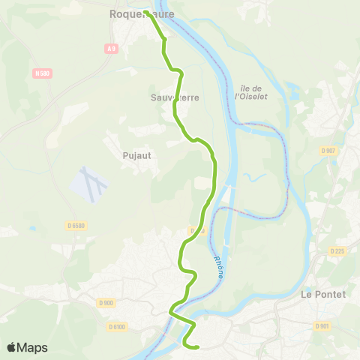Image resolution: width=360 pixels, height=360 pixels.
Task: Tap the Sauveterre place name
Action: pyautogui.click(x=173, y=97)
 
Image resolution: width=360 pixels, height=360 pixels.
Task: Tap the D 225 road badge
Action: pyautogui.click(x=339, y=251)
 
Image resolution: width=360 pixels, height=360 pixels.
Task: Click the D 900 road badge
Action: pyautogui.click(x=105, y=302)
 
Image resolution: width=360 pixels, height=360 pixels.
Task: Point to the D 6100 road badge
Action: pyautogui.click(x=116, y=326)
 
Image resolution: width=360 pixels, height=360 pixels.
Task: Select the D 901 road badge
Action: pyautogui.click(x=322, y=325)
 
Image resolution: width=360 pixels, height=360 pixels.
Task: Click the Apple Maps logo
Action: pyautogui.click(x=12, y=347)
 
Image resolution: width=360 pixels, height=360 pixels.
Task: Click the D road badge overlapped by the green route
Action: pyautogui.click(x=196, y=231)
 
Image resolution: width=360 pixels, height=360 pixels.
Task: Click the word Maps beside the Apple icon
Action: pyautogui.click(x=34, y=348)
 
